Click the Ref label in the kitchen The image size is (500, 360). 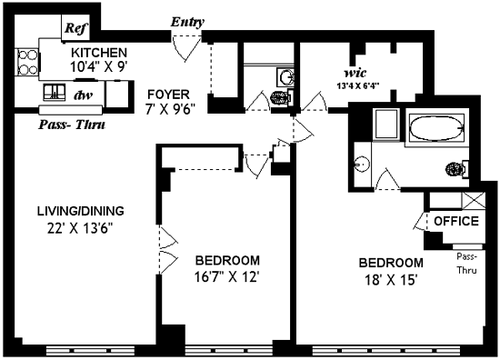tap(75, 28)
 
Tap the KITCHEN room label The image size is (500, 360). tap(99, 53)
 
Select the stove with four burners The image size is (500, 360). tap(27, 62)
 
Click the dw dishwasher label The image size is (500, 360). tap(84, 95)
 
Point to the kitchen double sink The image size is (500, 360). tap(55, 92)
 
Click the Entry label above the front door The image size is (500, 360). tap(187, 22)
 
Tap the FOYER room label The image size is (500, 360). tap(168, 95)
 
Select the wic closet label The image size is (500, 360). tap(355, 73)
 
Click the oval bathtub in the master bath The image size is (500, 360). tap(436, 127)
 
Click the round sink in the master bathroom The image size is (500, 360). tap(362, 165)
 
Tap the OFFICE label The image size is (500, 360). tap(456, 221)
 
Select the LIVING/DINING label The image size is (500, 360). tap(81, 211)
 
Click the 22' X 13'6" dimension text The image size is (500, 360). tap(80, 228)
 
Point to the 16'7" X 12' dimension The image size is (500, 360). tap(225, 276)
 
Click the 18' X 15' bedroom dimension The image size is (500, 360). tap(391, 280)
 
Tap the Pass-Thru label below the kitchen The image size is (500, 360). tap(72, 125)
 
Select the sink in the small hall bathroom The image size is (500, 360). tap(285, 77)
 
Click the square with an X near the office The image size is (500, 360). tap(474, 200)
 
